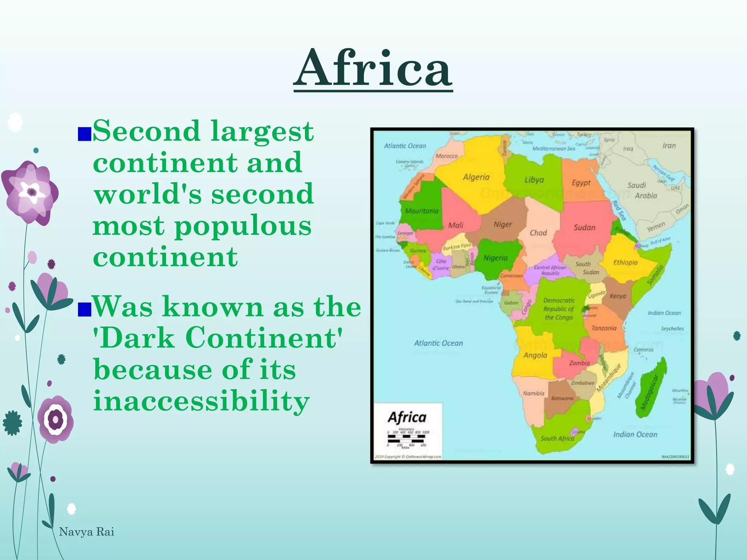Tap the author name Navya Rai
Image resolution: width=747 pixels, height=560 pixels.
tap(86, 532)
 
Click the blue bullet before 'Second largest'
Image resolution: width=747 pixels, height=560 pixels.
tap(84, 134)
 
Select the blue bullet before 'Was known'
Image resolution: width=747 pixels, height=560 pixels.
tap(84, 310)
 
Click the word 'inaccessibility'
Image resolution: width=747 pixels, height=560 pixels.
tap(201, 401)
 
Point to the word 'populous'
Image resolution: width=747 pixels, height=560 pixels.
tap(243, 226)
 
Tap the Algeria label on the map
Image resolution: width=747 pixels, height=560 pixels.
tap(476, 177)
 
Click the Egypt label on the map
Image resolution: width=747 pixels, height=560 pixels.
tap(581, 182)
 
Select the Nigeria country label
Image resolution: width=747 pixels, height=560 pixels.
tap(495, 258)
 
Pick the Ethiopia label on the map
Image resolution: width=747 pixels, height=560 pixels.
tap(625, 262)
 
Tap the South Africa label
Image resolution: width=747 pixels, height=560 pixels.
tap(557, 438)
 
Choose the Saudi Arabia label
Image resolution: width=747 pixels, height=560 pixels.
tap(641, 190)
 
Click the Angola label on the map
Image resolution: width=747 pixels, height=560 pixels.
tap(535, 355)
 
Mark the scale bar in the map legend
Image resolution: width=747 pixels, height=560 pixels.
tap(406, 439)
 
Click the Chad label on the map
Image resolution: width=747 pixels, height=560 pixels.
tap(538, 233)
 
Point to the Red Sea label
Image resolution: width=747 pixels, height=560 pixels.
tap(619, 210)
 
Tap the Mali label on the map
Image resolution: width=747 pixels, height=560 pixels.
tap(456, 225)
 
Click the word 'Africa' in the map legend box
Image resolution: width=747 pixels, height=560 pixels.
tap(407, 417)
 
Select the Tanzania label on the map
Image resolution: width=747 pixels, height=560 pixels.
tap(604, 328)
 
